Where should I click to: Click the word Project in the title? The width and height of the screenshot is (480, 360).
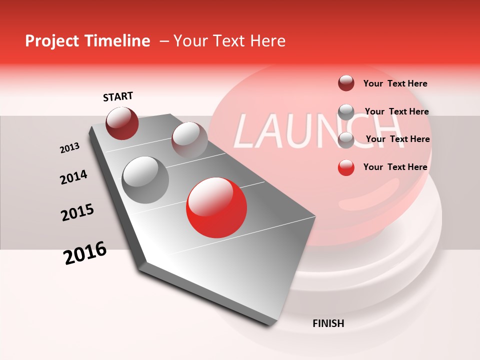pos(50,41)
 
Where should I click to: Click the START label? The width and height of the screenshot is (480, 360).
pos(118,96)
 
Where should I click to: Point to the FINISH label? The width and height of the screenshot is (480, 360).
pos(328,323)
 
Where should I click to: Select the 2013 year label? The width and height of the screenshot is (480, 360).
pos(69,148)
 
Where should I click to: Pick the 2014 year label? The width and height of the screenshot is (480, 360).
pos(73,177)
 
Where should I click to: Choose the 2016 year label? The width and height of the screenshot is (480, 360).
pos(85,253)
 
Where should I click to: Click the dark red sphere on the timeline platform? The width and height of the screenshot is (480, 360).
pos(122,123)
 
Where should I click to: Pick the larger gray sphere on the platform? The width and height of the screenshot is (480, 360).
pos(145,180)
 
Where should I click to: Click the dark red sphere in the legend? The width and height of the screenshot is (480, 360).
pos(346,83)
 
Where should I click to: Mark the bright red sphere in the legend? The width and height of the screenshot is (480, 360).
pos(346,167)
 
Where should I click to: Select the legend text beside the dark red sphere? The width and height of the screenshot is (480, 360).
pos(395,84)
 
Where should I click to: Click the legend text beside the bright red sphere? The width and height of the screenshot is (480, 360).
pos(395,167)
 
